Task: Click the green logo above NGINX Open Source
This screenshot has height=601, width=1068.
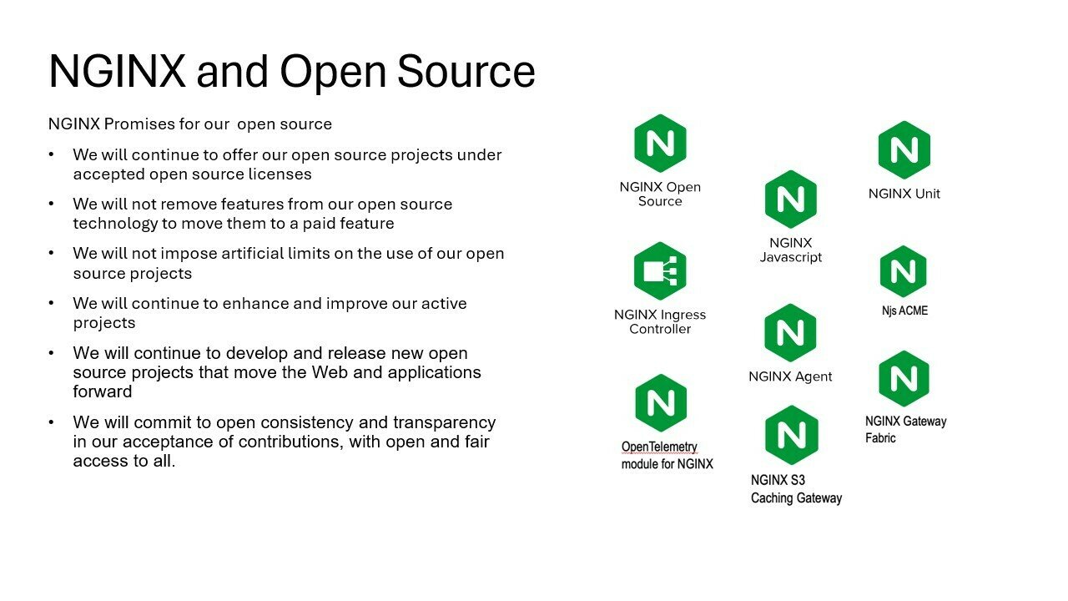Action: (x=660, y=144)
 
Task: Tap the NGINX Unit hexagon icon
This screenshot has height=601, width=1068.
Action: (x=904, y=150)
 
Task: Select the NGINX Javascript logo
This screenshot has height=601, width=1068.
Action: (x=790, y=199)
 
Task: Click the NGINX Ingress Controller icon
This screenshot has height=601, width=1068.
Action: (x=660, y=271)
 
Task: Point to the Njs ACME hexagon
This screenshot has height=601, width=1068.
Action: (x=904, y=271)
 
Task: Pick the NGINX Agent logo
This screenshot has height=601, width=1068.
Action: (x=790, y=333)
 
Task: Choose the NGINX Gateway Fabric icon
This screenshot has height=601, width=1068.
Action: (x=904, y=379)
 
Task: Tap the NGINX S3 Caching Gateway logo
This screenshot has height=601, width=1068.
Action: (x=791, y=435)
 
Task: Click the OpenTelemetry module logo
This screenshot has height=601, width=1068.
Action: (x=661, y=403)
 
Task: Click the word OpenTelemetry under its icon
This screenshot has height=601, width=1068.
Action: (x=659, y=447)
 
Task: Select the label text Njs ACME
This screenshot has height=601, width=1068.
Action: (x=904, y=311)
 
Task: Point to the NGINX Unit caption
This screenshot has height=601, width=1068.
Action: (x=904, y=194)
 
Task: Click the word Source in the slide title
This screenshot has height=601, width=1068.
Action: (x=466, y=71)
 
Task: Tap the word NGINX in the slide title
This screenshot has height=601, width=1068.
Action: (x=117, y=71)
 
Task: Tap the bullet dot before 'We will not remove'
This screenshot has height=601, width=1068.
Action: (x=53, y=205)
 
